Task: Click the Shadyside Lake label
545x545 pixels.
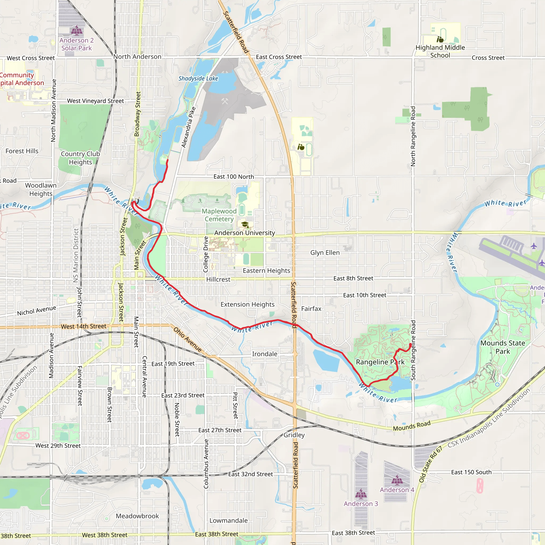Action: pyautogui.click(x=198, y=79)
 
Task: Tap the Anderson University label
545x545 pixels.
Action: pyautogui.click(x=244, y=233)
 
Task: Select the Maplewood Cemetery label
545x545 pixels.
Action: pyautogui.click(x=219, y=215)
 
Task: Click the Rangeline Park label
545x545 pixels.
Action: pyautogui.click(x=380, y=362)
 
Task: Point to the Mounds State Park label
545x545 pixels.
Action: pyautogui.click(x=503, y=347)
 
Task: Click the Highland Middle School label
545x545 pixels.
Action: pyautogui.click(x=440, y=51)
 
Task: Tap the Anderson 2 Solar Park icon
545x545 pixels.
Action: pyautogui.click(x=76, y=30)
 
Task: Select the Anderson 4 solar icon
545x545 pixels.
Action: pyautogui.click(x=397, y=480)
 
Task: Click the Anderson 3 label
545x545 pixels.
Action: pyautogui.click(x=361, y=503)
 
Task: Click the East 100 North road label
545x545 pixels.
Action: pyautogui.click(x=234, y=177)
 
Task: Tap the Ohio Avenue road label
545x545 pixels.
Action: pyautogui.click(x=188, y=340)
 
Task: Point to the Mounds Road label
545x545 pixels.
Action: pyautogui.click(x=412, y=426)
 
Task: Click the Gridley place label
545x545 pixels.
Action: pyautogui.click(x=294, y=435)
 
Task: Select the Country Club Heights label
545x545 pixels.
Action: pyautogui.click(x=80, y=158)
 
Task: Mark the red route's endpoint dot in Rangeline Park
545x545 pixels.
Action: pyautogui.click(x=410, y=345)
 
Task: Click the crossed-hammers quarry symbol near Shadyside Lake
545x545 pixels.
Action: pyautogui.click(x=225, y=101)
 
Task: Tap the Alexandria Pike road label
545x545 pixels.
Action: pyautogui.click(x=188, y=127)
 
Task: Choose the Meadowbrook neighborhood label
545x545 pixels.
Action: pyautogui.click(x=137, y=516)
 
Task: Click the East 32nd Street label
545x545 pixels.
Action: pyautogui.click(x=250, y=474)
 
